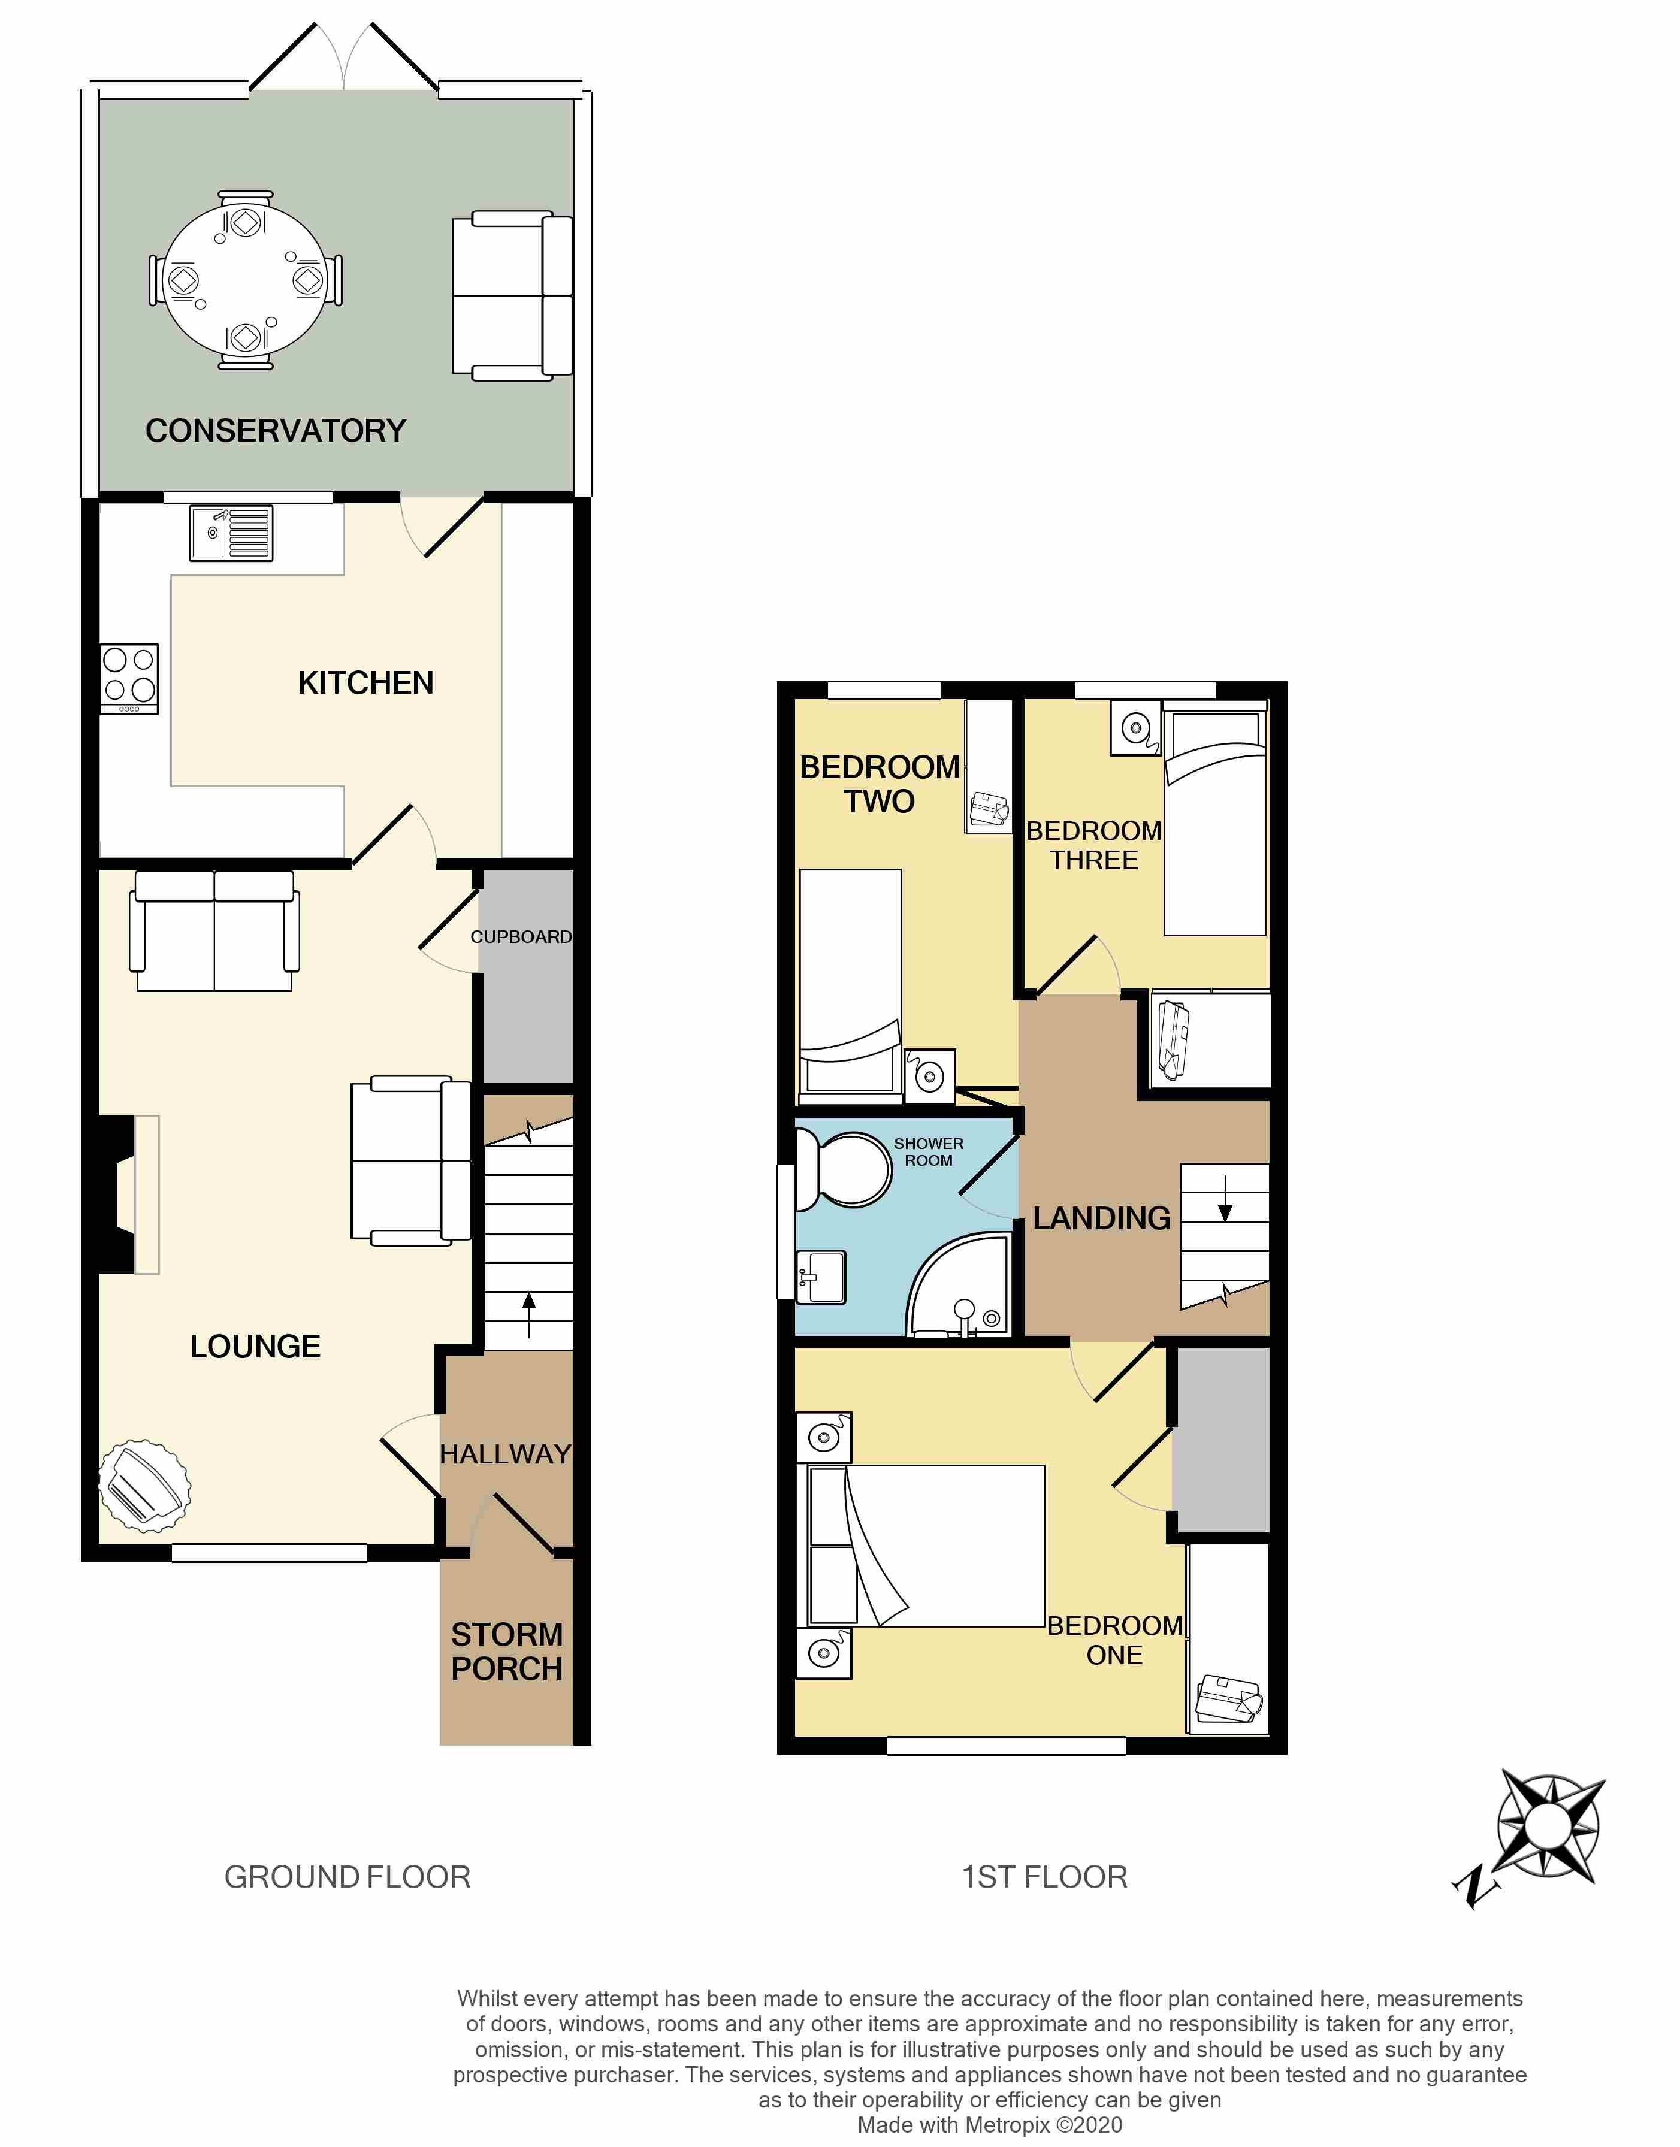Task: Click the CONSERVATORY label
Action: [276, 431]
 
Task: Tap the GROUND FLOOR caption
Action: [348, 1877]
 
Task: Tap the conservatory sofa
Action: [512, 295]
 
